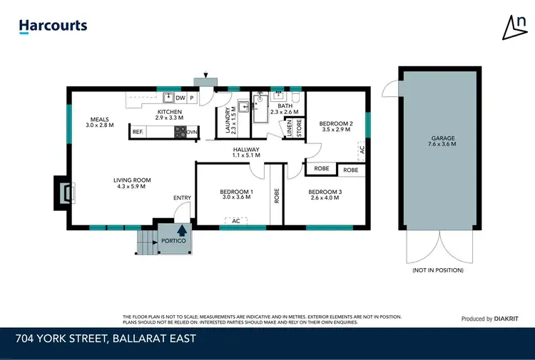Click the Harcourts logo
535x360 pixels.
coord(53,26)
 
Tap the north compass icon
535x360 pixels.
coord(514,27)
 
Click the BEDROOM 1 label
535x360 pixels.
coord(236,196)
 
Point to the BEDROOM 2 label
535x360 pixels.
coord(335,126)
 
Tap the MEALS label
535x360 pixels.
coord(100,122)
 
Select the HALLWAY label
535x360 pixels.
coord(247,152)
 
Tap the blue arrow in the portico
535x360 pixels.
coord(182,230)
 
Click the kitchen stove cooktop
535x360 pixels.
coord(180,132)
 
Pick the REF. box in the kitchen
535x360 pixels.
coord(137,132)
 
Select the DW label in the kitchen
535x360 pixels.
coord(180,98)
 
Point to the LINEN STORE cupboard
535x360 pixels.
coord(295,128)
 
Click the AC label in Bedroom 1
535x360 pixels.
coord(235,221)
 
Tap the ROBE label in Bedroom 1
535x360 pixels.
coord(276,196)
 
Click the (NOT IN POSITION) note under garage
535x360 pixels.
coord(438,270)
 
